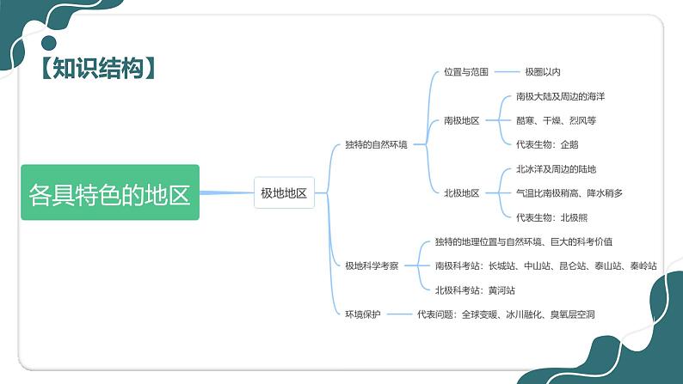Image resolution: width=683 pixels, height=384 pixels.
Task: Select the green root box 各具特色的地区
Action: pos(110,192)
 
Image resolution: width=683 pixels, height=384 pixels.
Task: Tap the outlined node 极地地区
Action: pos(284,192)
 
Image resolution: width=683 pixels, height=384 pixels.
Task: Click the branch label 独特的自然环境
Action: pos(376,145)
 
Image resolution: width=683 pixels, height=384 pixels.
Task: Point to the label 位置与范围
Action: pos(465,72)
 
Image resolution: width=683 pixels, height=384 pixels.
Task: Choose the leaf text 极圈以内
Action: pos(543,72)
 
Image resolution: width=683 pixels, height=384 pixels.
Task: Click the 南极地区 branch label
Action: pos(462,121)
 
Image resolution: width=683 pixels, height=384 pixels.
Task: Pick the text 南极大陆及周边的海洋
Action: pos(560,97)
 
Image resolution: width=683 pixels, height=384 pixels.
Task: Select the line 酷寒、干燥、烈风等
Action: pos(556,121)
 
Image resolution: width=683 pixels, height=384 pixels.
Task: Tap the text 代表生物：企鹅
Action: pos(547,145)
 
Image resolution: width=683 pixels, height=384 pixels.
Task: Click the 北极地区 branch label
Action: pos(462,193)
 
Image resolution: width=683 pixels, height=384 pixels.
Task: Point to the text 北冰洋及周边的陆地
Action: pos(556,169)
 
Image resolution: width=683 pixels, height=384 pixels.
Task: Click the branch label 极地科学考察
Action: pos(372,266)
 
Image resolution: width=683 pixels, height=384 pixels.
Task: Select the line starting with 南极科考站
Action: pos(546,266)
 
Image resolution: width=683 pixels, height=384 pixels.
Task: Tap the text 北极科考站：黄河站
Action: pos(475,290)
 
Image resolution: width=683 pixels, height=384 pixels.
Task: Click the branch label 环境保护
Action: pos(363,314)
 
